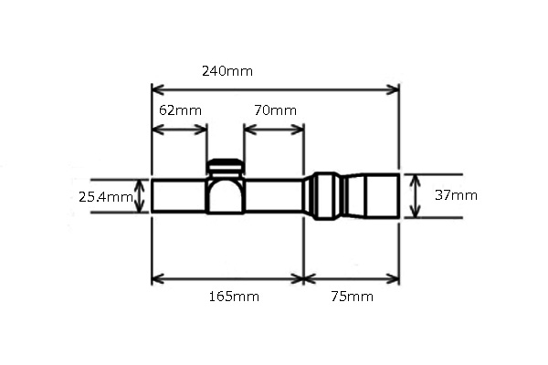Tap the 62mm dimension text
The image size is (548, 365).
coord(180,110)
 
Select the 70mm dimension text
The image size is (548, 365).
coord(275,110)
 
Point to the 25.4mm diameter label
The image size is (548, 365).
coord(106,196)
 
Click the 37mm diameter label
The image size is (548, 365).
coord(456,195)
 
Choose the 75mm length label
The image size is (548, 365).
coord(352,297)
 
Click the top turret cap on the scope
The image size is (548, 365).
coord(225,166)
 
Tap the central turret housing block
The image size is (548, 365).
coord(226,194)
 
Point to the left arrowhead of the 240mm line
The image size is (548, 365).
coord(156,89)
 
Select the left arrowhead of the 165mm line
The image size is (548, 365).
coord(156,277)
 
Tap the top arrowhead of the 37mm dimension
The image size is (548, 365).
coord(416,178)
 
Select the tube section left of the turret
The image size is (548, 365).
coord(179,195)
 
